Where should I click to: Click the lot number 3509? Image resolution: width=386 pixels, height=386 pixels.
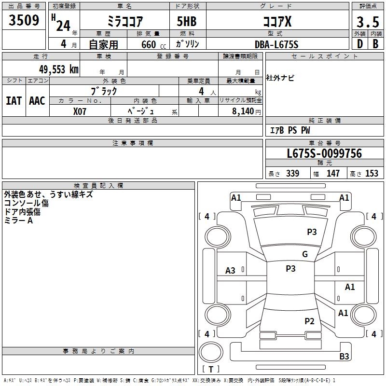[24, 20]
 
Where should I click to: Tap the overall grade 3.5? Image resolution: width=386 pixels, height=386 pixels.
[368, 22]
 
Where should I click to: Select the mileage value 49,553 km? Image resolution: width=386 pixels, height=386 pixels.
[59, 69]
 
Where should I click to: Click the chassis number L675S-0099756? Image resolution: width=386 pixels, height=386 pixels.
[324, 153]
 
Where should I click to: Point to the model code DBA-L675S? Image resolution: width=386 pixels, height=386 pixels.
[276, 44]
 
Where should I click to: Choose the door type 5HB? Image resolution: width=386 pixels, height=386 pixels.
[187, 21]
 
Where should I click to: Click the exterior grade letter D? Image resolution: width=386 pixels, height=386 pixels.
[360, 44]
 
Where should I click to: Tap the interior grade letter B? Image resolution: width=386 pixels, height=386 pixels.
[375, 44]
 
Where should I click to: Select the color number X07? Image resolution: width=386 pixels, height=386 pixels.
[80, 111]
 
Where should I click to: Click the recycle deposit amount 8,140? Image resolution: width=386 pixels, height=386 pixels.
[243, 111]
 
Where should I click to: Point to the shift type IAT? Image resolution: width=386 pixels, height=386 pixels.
[14, 101]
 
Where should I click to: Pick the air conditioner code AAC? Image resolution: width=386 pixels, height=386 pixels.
[37, 101]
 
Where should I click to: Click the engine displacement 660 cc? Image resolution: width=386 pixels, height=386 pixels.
[153, 45]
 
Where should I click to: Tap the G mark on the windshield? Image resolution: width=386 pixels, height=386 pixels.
[305, 254]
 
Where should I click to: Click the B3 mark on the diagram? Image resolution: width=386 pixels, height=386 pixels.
[344, 356]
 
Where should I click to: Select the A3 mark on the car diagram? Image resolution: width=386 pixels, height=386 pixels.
[230, 271]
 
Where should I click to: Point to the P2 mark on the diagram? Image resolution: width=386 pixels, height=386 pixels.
[309, 321]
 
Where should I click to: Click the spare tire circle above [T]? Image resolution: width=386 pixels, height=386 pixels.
[211, 352]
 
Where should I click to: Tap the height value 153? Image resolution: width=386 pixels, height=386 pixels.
[372, 173]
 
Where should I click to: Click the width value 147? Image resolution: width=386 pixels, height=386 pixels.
[333, 173]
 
